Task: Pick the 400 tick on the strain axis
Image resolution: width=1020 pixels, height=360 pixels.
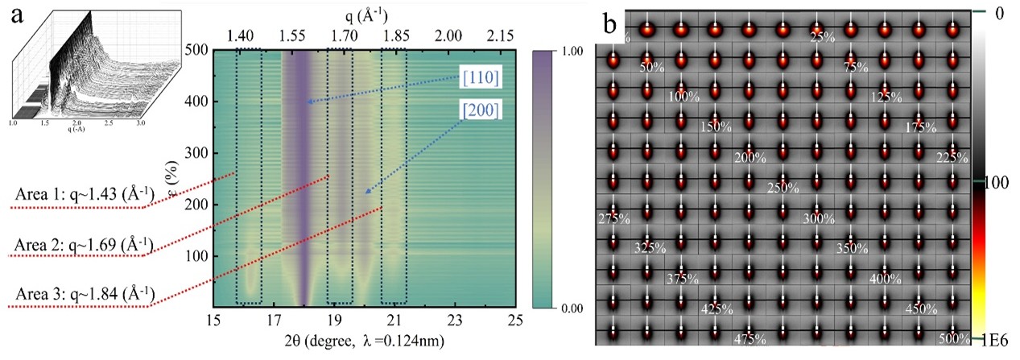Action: click(196, 101)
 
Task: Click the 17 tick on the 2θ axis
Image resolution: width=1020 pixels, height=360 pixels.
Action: click(274, 320)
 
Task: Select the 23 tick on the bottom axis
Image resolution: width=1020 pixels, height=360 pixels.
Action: click(456, 320)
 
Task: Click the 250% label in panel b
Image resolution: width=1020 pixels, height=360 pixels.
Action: click(783, 188)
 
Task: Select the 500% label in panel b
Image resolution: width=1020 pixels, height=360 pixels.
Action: click(953, 337)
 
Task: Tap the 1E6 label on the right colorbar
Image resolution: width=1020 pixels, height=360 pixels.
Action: click(999, 341)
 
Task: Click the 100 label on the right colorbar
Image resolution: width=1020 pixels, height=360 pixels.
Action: click(997, 184)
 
